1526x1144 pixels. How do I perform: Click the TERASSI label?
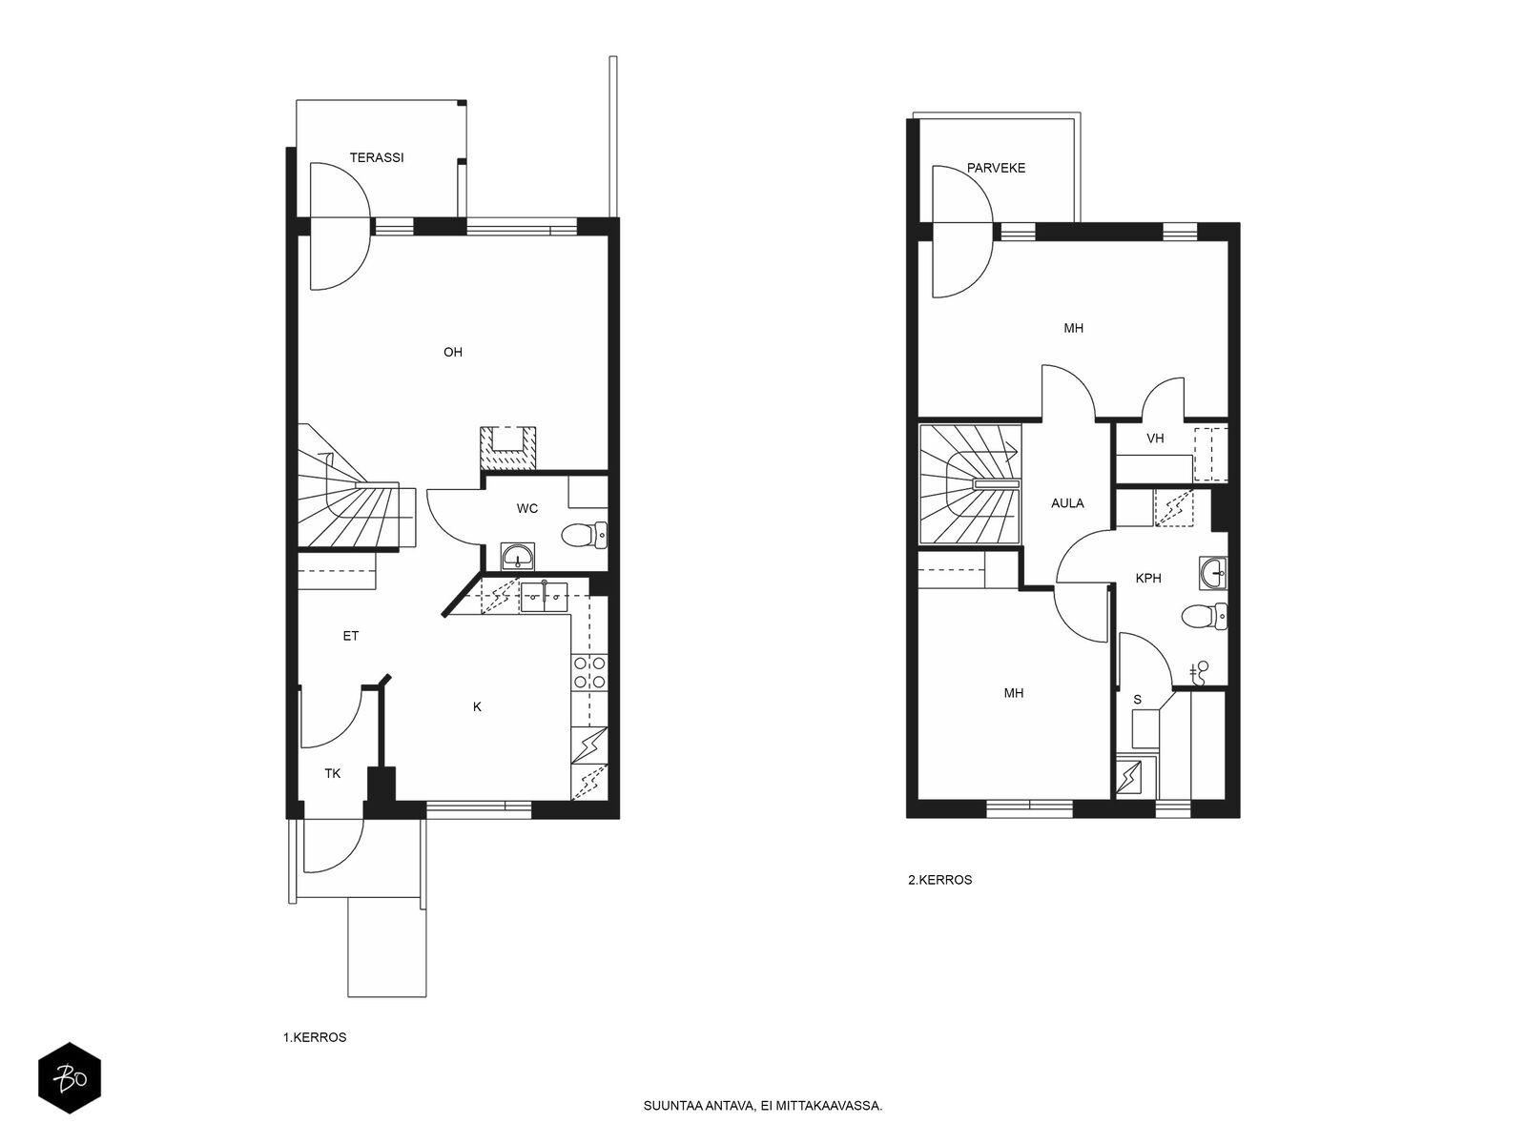(376, 157)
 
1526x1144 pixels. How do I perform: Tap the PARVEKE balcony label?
(996, 168)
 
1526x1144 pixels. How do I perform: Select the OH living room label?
(453, 352)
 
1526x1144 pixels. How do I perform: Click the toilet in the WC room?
(584, 536)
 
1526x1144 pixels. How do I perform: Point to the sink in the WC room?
(518, 557)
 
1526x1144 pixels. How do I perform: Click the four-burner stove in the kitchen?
(588, 672)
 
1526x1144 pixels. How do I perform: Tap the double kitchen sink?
(544, 597)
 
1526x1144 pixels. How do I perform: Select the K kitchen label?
(477, 706)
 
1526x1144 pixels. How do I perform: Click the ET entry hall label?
(350, 636)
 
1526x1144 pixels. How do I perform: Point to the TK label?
(332, 773)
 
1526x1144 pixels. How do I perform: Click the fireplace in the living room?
(508, 446)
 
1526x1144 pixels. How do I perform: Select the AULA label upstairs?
(1067, 503)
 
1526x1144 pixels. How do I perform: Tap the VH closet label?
(1155, 439)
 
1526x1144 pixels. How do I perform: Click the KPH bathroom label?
(1147, 578)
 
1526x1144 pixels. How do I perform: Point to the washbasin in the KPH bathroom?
(1213, 573)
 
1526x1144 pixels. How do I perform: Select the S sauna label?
(1138, 700)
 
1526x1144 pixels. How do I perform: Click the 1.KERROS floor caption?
(314, 1037)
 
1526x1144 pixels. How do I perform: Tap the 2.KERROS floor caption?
(940, 879)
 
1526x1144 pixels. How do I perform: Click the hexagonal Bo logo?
(70, 1079)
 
